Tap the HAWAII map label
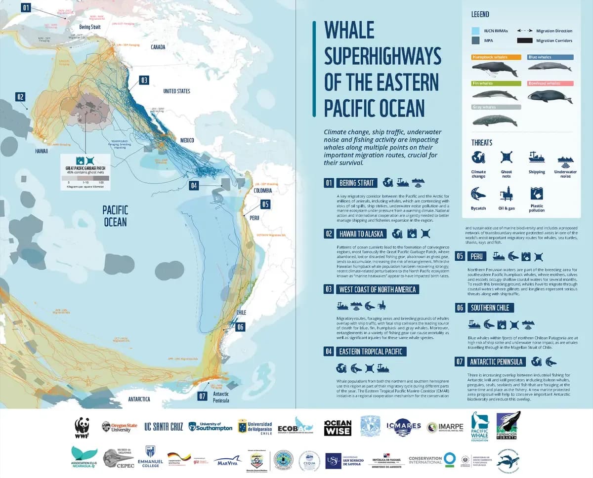tap(41, 151)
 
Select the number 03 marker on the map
tap(144, 80)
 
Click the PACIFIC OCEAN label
tap(115, 216)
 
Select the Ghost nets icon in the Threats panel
tap(506, 158)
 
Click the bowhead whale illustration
tap(550, 96)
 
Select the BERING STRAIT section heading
tap(358, 183)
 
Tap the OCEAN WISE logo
tap(338, 428)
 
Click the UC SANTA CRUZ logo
tap(163, 427)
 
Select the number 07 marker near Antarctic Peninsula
tap(202, 396)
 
